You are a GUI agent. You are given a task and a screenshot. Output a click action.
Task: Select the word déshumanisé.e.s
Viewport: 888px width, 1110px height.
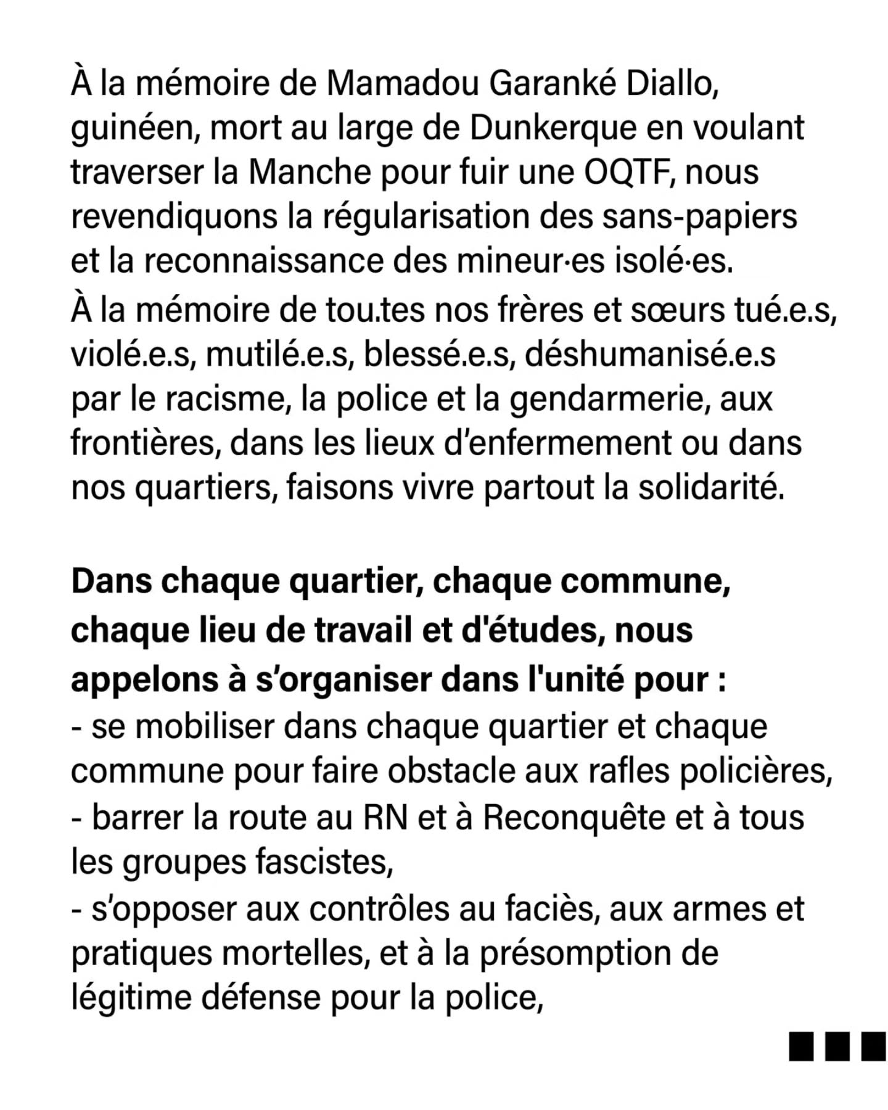[650, 354]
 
